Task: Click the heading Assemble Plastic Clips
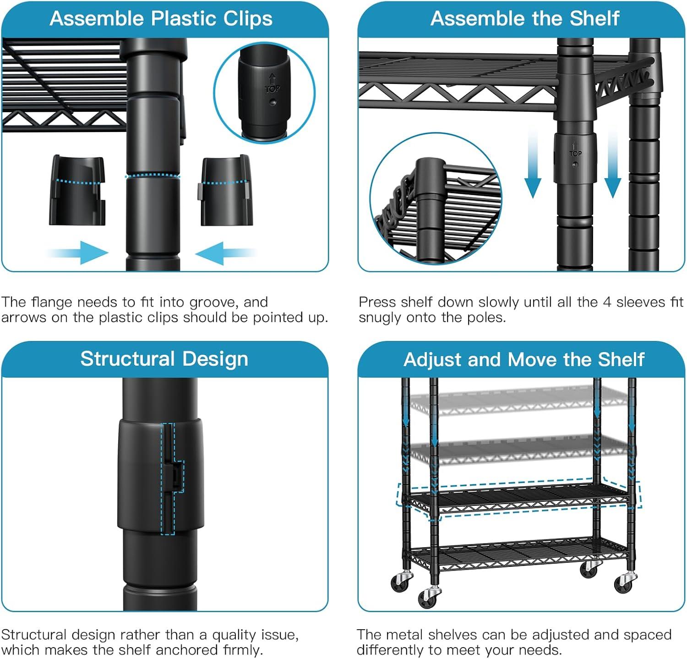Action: point(161,19)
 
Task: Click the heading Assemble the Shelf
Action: point(525,18)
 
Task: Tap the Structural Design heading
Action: point(164,359)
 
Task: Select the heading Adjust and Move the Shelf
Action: point(524,359)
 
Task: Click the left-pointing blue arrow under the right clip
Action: point(226,253)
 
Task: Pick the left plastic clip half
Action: point(77,190)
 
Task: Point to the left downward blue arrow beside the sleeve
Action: point(532,163)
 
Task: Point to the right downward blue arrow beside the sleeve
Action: point(612,163)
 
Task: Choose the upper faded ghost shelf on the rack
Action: point(519,401)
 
